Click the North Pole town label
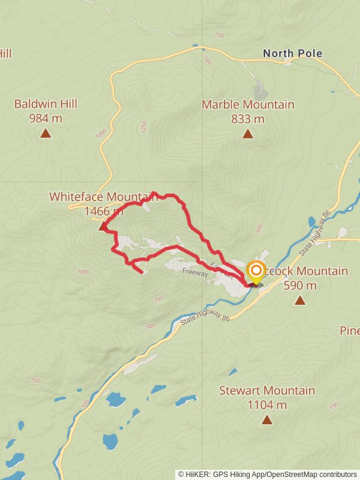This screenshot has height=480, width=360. coord(292,53)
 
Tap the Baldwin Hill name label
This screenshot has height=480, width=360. coord(46,104)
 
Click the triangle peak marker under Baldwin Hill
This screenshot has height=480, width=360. coord(46,133)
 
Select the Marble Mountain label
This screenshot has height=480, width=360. coord(248,104)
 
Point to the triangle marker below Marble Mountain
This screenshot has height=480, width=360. coord(248,133)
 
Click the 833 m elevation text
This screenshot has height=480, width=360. coord(248,119)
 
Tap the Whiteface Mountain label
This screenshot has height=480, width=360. coord(102,196)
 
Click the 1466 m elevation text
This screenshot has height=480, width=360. coord(104,211)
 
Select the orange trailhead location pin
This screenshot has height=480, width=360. coord(256,272)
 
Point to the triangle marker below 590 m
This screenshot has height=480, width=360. coord(299,301)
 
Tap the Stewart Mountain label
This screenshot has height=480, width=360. coord(266,391)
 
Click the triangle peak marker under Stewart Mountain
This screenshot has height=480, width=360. coord(266,420)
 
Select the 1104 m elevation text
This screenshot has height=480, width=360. coord(266,405)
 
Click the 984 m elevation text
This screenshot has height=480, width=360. coord(46,118)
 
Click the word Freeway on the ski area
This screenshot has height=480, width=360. coord(194,272)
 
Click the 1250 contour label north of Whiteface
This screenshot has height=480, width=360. coord(143,127)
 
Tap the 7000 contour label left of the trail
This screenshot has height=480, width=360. coord(83,272)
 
